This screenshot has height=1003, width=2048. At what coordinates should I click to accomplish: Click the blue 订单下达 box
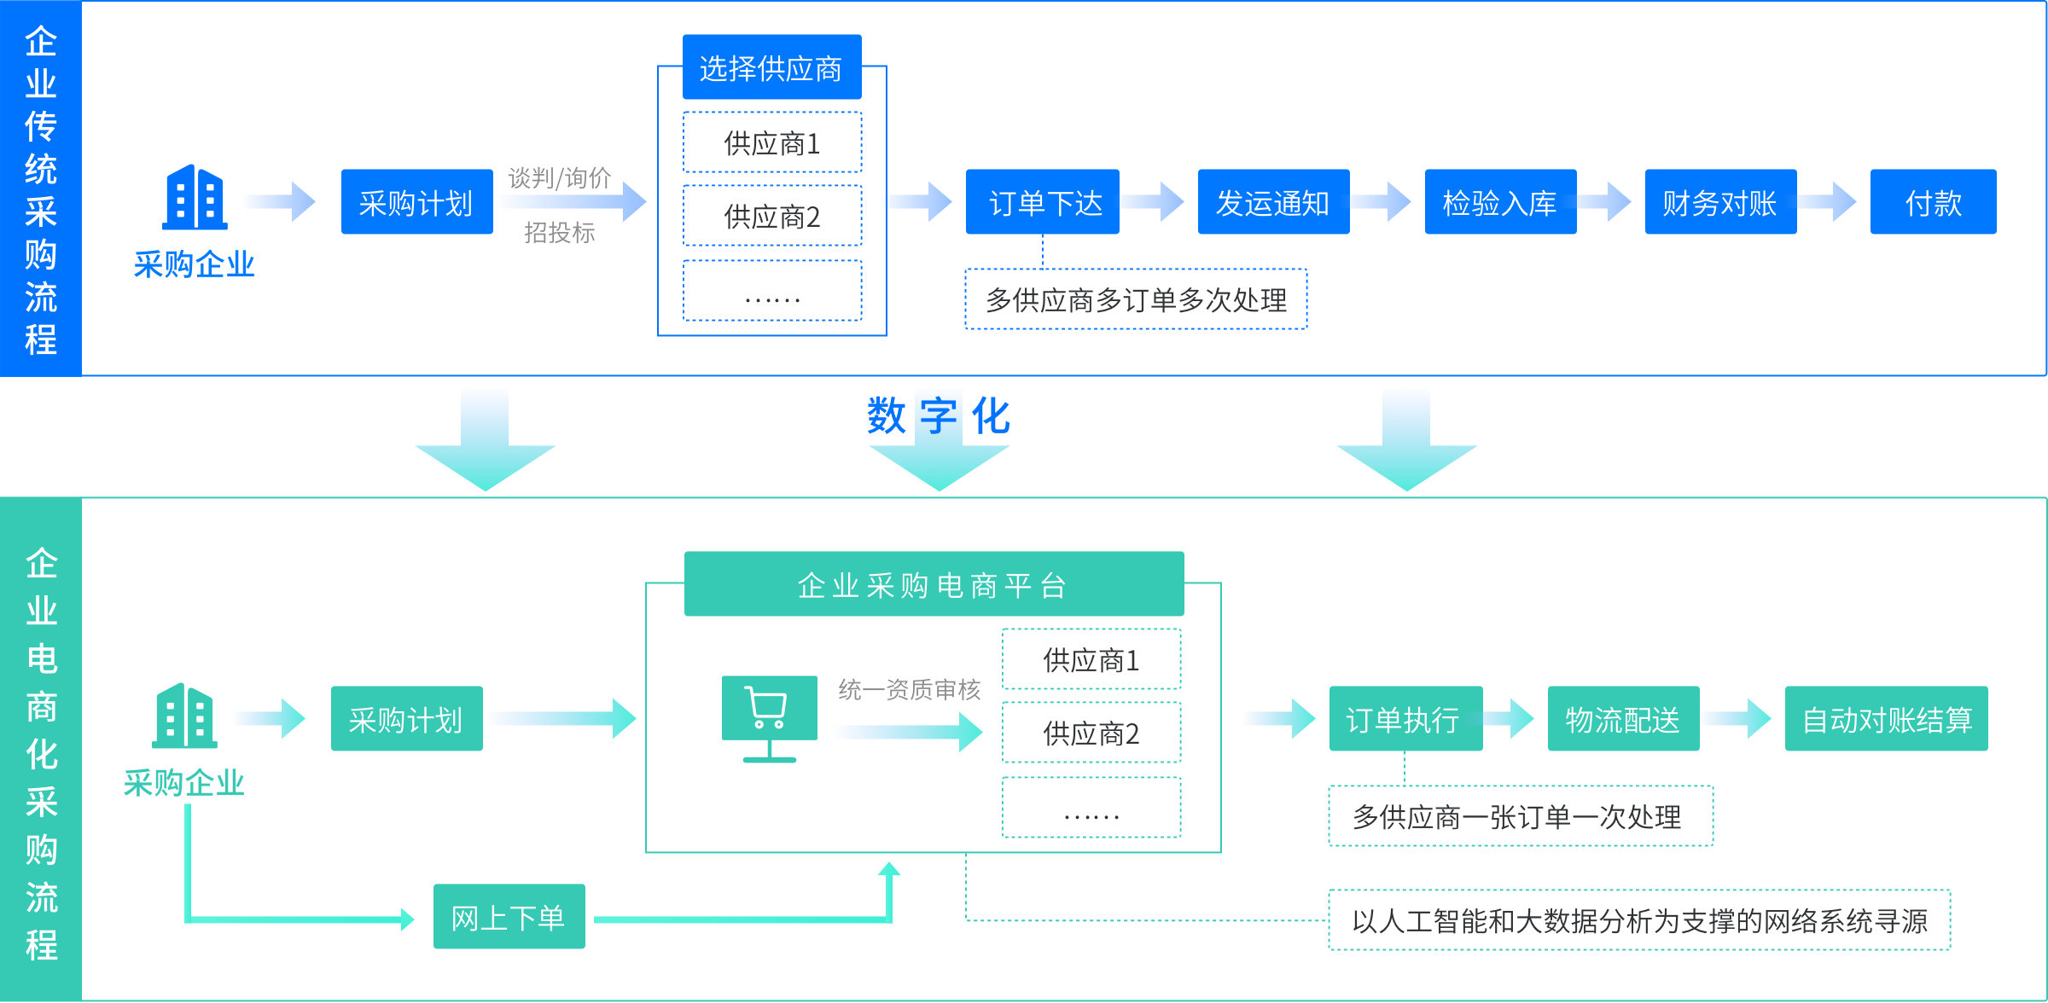(1042, 202)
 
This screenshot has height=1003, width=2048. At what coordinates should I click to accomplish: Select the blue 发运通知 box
(1273, 202)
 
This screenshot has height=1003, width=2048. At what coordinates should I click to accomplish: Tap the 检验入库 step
(1500, 202)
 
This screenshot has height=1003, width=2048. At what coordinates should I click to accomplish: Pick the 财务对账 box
(1720, 202)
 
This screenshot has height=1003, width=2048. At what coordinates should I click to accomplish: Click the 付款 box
(1933, 202)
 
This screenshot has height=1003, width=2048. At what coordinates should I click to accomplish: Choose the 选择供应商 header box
(771, 67)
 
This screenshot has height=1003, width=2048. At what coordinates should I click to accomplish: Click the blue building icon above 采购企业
(195, 198)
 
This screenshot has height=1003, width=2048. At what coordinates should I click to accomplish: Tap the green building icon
(184, 716)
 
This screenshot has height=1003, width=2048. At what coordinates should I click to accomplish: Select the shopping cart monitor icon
(769, 717)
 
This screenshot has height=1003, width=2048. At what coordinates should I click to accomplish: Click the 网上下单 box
(509, 917)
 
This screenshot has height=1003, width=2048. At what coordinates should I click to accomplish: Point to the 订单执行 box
(1405, 719)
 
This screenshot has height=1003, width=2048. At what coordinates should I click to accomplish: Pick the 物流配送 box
(1623, 719)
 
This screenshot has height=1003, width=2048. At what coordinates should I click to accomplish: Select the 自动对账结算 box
(1886, 719)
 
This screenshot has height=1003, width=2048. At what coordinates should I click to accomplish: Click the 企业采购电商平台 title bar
(934, 584)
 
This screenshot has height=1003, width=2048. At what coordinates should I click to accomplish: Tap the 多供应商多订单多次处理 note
(1136, 299)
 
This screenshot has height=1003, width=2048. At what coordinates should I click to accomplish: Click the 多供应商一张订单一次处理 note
(1520, 816)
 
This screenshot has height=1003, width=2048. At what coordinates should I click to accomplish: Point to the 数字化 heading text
(939, 415)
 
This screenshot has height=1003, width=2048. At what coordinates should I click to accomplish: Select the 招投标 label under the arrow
(560, 232)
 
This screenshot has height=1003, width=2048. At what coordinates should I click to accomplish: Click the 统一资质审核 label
(909, 689)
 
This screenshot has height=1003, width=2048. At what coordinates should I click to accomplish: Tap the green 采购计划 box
(406, 719)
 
